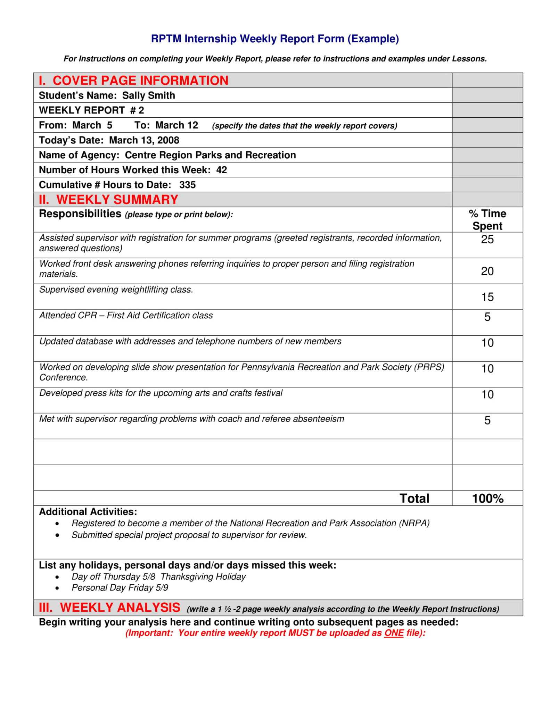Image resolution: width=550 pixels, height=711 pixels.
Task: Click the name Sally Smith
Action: (148, 95)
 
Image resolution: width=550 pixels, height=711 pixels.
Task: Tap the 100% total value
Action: (487, 499)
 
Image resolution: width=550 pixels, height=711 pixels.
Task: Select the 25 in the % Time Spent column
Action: (487, 239)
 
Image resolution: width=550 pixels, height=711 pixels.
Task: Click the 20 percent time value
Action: (487, 271)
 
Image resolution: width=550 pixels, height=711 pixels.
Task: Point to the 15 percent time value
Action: (487, 297)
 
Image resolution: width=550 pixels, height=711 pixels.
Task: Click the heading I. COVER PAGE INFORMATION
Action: (133, 81)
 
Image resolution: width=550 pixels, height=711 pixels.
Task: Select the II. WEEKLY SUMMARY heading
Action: (108, 200)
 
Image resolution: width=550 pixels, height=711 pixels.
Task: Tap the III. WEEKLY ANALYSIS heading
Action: (109, 608)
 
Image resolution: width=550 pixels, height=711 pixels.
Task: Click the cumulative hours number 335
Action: (187, 185)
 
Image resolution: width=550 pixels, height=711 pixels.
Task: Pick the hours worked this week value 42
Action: (221, 170)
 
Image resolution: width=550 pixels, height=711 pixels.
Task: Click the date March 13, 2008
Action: (144, 140)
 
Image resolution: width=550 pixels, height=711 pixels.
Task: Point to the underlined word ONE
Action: (394, 633)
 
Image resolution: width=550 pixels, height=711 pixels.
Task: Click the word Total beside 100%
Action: (414, 499)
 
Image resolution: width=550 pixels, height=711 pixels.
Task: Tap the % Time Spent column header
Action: (487, 219)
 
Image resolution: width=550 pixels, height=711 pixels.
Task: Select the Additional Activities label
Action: (88, 512)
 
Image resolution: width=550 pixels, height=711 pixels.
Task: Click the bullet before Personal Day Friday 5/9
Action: (57, 588)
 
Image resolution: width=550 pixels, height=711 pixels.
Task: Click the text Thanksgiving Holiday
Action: (203, 577)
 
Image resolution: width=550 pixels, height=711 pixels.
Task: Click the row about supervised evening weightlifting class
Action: (116, 290)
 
